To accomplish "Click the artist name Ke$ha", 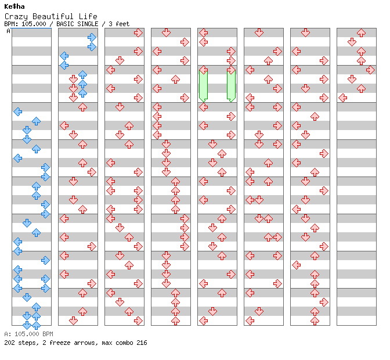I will (x=15, y=6).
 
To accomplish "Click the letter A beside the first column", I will (x=8, y=31).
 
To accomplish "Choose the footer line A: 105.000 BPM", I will (x=28, y=334).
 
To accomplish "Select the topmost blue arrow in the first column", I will (x=18, y=111).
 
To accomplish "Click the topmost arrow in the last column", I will (x=361, y=33).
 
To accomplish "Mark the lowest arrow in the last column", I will (x=342, y=98).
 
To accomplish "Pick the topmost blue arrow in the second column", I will (x=92, y=38).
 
